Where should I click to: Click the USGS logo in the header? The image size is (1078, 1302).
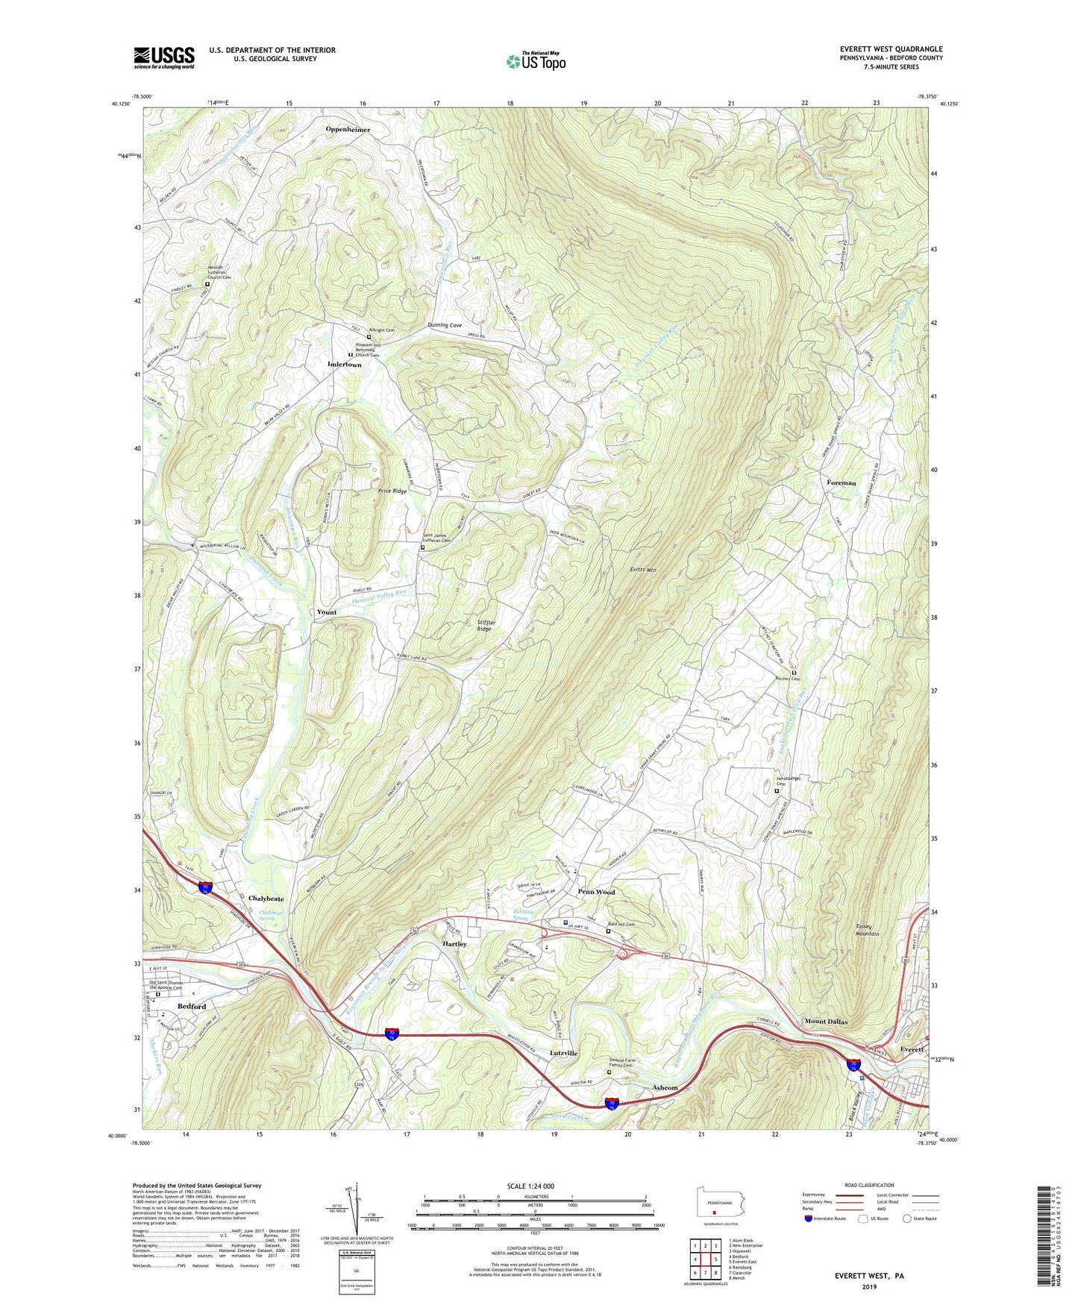pos(164,57)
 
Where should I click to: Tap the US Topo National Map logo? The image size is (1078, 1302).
pos(536,61)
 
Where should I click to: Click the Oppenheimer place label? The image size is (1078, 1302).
pos(348,130)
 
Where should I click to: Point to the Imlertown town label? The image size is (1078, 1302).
pos(344,365)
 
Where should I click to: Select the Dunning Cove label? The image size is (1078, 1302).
pos(445,325)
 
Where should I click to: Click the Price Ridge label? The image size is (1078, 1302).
pos(392,491)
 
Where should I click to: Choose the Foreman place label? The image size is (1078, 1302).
pos(842,483)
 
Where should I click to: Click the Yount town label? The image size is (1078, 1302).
pos(327,612)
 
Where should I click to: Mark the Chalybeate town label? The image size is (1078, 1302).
pos(266,899)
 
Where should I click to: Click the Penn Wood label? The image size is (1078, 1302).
pos(596,892)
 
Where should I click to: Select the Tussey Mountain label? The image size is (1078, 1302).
pos(867,930)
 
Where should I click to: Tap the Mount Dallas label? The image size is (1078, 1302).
pos(826,1022)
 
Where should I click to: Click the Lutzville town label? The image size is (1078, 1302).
pos(564,1053)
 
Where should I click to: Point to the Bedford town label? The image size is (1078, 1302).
pos(192,1006)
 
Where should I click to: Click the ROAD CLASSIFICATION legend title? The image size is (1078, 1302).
pos(869,1185)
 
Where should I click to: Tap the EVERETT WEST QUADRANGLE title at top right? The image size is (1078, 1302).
pos(891,49)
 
